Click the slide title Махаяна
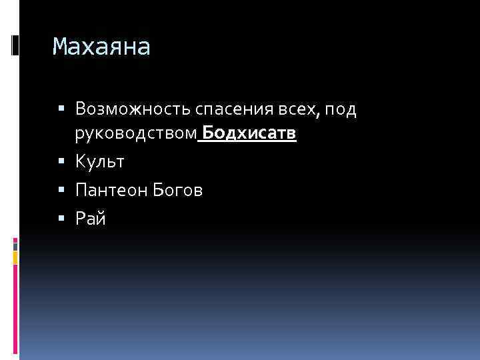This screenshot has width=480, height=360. coord(101,47)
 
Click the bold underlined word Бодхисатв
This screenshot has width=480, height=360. coord(249,134)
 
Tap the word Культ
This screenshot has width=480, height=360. coord(100,162)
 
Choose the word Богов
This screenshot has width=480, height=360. coord(178,190)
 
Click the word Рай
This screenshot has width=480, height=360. coord(91,218)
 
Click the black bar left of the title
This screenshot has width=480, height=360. coord(15,45)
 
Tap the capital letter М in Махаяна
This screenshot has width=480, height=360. coord(61,47)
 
